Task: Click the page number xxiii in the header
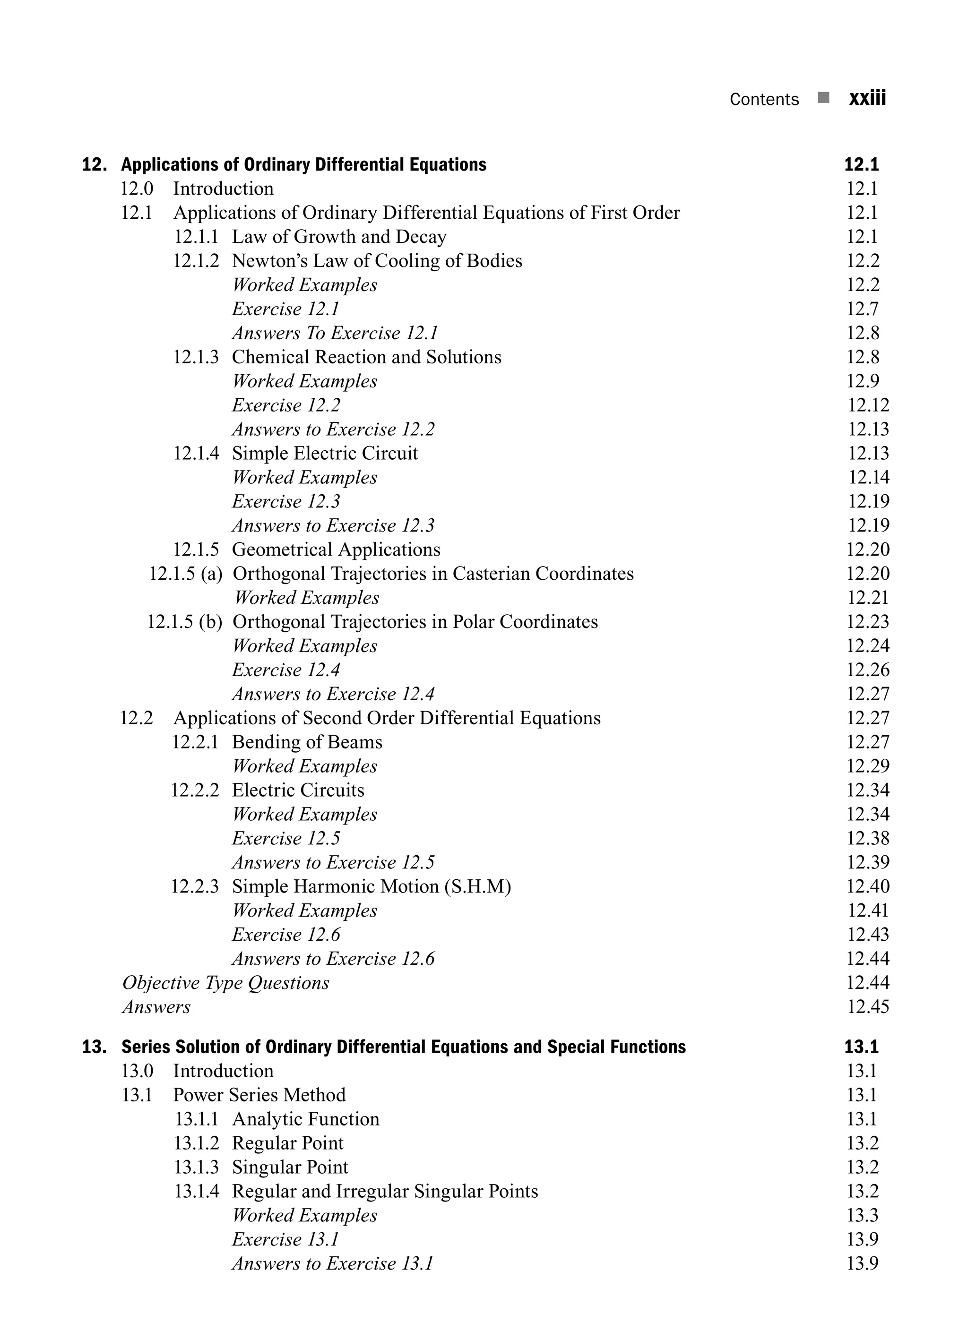point(867,98)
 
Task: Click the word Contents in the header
point(764,100)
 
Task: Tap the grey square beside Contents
point(823,97)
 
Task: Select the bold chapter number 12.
point(94,164)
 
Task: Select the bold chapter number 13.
point(94,1047)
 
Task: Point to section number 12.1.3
point(196,357)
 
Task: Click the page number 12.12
point(868,405)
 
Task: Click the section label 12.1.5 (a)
point(186,574)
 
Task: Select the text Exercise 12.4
point(286,670)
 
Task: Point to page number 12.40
point(867,886)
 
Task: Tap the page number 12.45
point(868,1007)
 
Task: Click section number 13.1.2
point(196,1143)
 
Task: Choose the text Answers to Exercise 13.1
point(333,1263)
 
